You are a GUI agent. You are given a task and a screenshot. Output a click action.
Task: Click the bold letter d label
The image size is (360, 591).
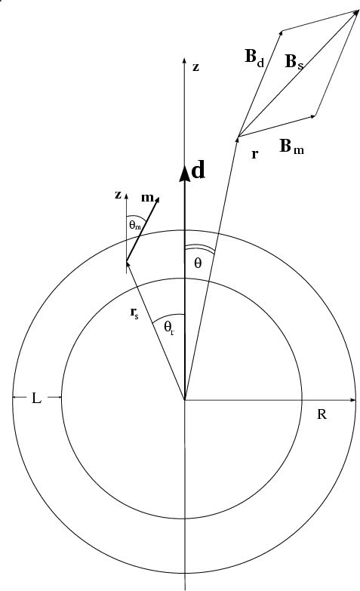pos(198,170)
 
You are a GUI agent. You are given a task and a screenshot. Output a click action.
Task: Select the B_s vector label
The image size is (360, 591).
pos(294,62)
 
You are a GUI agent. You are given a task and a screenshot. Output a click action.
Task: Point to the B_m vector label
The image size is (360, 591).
pos(291,146)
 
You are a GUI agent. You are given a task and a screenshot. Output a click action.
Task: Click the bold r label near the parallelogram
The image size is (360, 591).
pos(255,154)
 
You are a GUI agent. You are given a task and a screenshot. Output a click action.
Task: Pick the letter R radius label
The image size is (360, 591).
pos(322,414)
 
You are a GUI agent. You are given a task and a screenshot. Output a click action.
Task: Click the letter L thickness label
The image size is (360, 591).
pos(36,398)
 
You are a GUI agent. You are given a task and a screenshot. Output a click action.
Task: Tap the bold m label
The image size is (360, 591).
pos(147,198)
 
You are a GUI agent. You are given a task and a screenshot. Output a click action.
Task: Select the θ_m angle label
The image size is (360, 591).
pos(134,226)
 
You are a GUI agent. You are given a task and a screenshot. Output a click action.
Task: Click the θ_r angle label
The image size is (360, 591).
pos(169,327)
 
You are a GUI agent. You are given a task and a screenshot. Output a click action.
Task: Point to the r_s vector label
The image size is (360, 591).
pos(134,312)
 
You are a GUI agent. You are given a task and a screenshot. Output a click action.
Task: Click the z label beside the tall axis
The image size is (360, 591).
pos(195,67)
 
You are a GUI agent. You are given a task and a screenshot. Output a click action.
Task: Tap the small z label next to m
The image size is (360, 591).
pos(118,195)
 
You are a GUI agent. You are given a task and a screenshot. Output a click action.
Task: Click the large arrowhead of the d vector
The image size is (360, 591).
pos(184,173)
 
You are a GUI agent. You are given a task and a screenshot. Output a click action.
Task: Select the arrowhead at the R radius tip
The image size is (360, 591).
pos(353,399)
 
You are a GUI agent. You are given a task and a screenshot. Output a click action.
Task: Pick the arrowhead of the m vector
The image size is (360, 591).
pos(157,200)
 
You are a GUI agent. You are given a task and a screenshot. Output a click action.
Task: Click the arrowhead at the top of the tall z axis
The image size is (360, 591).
pos(184,61)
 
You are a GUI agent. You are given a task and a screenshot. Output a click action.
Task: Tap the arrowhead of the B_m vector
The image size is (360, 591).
pos(313,115)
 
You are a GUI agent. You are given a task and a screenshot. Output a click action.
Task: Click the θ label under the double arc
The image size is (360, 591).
pos(198,263)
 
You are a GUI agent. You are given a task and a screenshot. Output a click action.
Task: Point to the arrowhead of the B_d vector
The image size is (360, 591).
pos(281,33)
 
